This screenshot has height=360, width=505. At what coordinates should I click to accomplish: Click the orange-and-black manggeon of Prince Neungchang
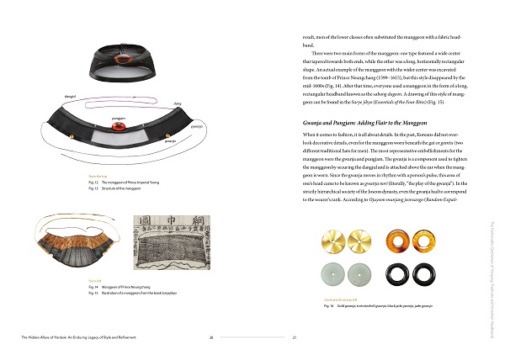[67, 249]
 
